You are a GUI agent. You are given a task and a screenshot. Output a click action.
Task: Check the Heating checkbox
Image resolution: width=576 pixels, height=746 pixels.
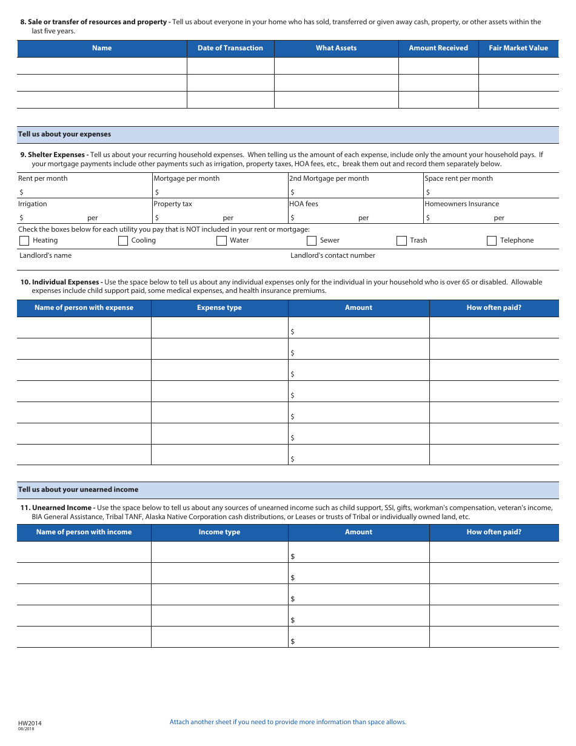[24, 241]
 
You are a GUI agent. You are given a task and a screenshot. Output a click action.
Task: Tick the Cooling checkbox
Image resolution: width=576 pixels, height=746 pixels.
[123, 241]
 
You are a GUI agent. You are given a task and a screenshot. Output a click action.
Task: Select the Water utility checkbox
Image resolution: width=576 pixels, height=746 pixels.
[221, 241]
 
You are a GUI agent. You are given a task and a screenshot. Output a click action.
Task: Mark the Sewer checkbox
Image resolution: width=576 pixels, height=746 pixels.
[312, 241]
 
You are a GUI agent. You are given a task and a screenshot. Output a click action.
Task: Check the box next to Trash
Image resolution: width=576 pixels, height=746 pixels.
[401, 241]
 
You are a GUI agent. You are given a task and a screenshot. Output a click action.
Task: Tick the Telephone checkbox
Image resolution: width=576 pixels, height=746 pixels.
[492, 241]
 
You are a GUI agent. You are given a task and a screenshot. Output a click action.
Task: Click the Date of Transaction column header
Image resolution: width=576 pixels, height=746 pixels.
[230, 49]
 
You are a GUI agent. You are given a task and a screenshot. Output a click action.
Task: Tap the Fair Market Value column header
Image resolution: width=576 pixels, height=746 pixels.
[518, 49]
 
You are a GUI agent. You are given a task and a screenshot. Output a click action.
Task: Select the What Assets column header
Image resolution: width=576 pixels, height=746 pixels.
[336, 49]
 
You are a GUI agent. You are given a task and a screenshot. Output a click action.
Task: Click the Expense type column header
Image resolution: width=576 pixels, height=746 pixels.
[219, 308]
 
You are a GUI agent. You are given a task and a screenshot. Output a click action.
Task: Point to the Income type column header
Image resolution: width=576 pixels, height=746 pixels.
[219, 533]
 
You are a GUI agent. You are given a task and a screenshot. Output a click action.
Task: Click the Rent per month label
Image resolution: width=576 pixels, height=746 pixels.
[43, 179]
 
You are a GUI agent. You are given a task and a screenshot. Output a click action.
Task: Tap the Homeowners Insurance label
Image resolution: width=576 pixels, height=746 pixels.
[462, 204]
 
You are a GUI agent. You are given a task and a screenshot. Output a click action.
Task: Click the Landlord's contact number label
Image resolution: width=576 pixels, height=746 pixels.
[333, 256]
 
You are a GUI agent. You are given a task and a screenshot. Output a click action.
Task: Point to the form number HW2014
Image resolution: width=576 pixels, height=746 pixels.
[30, 723]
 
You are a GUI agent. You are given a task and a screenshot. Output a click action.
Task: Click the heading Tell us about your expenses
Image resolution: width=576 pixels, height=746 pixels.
[64, 135]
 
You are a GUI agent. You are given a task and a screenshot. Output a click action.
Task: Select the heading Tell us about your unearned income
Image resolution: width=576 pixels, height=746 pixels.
[78, 490]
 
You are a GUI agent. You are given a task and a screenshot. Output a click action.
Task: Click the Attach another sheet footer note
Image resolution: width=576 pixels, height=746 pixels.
[288, 722]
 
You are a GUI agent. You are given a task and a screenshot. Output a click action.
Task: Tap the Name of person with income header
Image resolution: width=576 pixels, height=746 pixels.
[84, 533]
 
